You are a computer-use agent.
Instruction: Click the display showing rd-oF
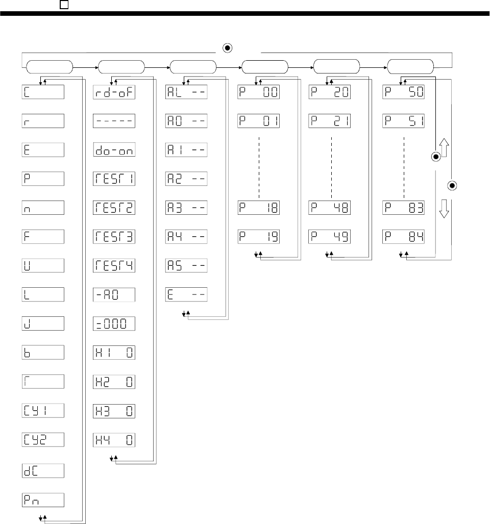coord(114,93)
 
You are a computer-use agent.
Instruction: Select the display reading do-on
coord(114,151)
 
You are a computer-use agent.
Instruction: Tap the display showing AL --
coord(186,93)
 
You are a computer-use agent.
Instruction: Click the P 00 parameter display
coord(259,93)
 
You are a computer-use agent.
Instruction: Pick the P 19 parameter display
coord(259,237)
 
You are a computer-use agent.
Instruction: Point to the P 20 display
coord(331,93)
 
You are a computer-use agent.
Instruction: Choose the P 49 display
coord(331,237)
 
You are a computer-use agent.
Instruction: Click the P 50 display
coord(404,93)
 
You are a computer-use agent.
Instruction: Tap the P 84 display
coord(404,237)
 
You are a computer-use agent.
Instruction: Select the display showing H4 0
coord(114,440)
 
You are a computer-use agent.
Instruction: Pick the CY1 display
coord(43,411)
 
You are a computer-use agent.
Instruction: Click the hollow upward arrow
coord(444,149)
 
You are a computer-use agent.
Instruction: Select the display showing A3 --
coord(186,208)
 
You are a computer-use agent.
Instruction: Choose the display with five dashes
coord(114,121)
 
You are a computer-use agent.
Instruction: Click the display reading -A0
coord(114,295)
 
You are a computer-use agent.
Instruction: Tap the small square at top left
coord(64,4)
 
